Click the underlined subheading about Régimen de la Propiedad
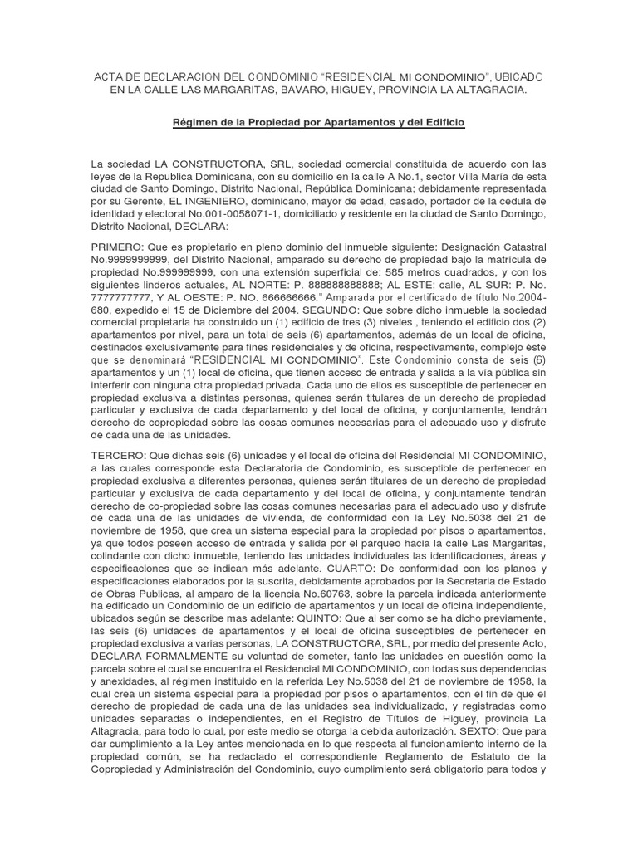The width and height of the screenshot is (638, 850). click(x=319, y=123)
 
